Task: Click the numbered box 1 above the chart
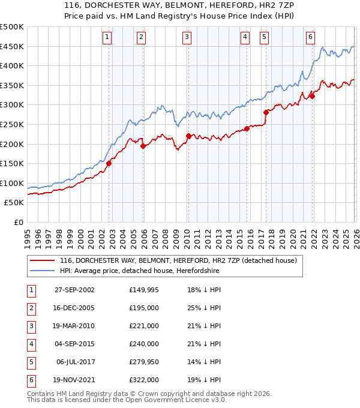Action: click(x=107, y=37)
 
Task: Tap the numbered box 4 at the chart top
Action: click(x=245, y=37)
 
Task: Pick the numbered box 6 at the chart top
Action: click(x=310, y=37)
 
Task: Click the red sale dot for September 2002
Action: click(x=109, y=163)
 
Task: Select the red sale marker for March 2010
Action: click(x=188, y=136)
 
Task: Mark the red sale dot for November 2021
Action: click(x=312, y=96)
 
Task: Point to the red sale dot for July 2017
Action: click(x=266, y=112)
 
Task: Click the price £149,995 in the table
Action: click(x=144, y=290)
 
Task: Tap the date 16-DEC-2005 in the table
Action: click(x=74, y=308)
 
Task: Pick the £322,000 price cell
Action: click(x=144, y=380)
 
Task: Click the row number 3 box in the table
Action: click(x=30, y=326)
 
